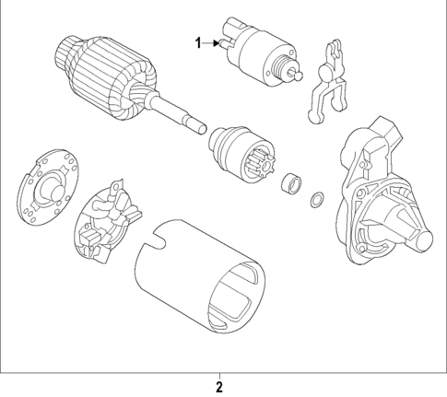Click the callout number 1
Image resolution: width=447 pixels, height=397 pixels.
(x=196, y=41)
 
